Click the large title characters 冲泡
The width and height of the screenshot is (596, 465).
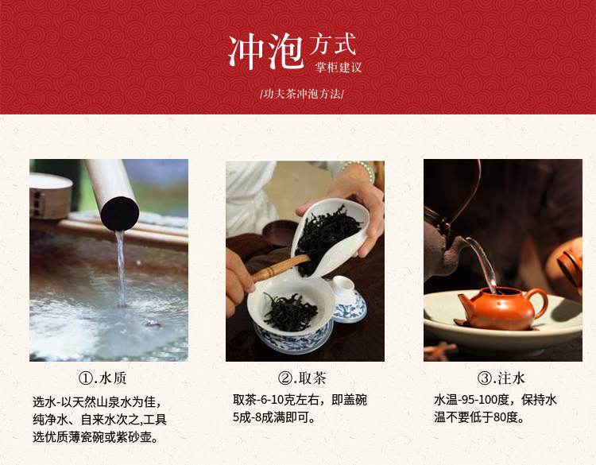pos(266,52)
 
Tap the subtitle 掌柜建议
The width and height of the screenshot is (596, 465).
pos(338,68)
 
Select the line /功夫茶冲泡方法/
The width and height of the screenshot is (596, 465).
pos(302,94)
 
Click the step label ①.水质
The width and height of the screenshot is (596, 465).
pos(103,378)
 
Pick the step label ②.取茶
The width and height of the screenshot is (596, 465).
pos(302,378)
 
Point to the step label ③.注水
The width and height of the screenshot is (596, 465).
pos(501,378)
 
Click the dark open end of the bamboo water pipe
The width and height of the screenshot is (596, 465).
pos(120,214)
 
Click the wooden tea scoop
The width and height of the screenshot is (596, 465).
pos(280,268)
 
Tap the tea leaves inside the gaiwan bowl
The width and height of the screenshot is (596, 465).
pos(291,312)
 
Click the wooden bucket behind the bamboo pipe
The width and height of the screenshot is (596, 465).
pos(51,196)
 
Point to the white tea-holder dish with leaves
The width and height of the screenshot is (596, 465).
pos(330,238)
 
